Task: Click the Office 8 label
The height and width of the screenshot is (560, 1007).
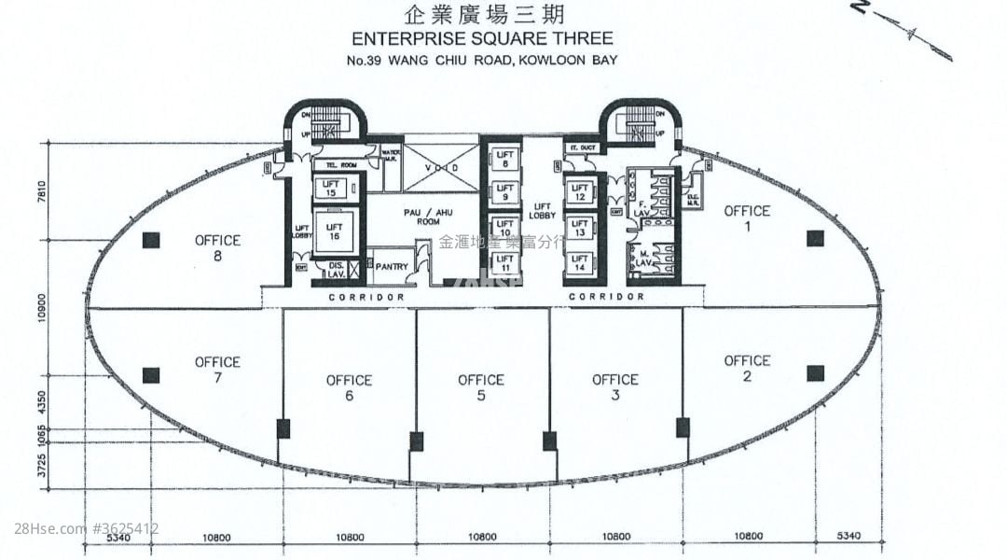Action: [217, 247]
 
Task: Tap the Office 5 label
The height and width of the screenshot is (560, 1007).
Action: [481, 387]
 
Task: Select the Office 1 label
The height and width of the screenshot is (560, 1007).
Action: [747, 218]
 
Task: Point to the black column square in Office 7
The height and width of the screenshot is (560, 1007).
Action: [151, 375]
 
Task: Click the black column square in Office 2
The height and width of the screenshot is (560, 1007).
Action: [815, 373]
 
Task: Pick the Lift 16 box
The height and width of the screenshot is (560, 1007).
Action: [333, 232]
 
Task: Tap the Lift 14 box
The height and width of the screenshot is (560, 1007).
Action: [579, 263]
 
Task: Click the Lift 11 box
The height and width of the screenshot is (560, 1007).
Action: [504, 263]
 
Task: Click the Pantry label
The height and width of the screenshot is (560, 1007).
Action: [392, 266]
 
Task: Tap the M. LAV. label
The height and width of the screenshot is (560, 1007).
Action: [643, 259]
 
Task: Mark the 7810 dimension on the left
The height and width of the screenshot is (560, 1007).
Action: [41, 191]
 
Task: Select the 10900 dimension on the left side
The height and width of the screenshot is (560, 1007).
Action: [41, 308]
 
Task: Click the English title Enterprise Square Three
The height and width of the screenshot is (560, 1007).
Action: [481, 38]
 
